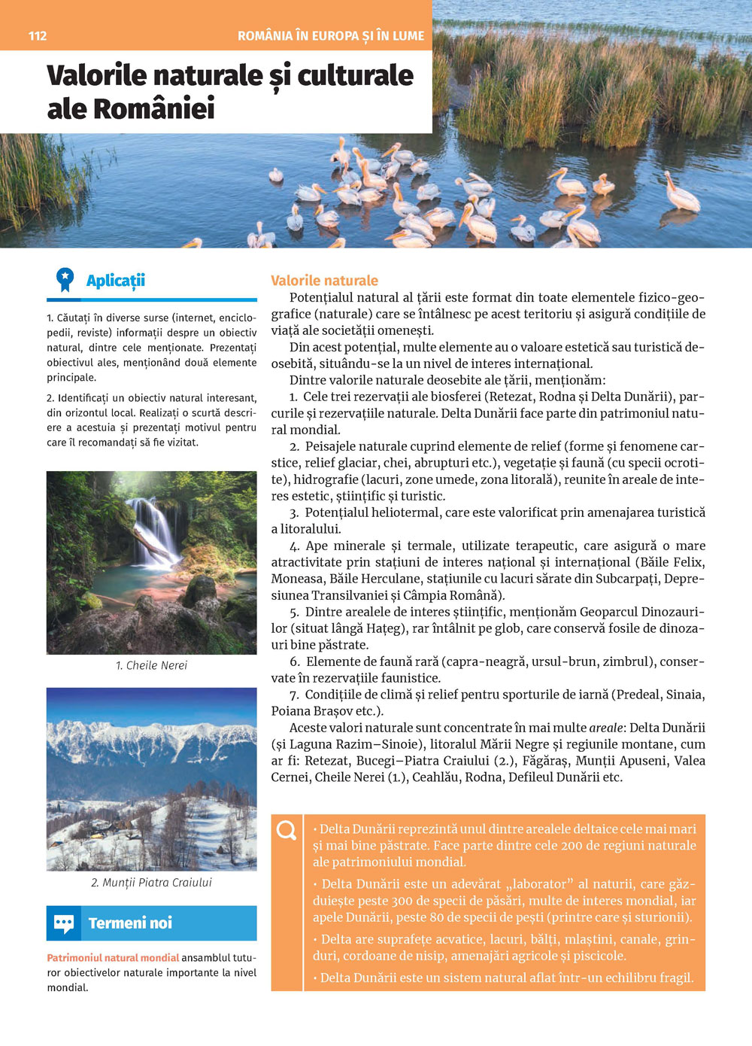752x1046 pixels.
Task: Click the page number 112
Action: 38,35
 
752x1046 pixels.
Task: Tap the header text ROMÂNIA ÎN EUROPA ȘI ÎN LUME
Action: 330,35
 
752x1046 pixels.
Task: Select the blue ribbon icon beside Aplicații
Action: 65,280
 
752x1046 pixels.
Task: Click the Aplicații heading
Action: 115,281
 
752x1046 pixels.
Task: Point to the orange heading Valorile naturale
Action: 324,281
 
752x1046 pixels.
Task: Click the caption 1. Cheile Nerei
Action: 151,665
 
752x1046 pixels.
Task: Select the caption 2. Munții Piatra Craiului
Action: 151,882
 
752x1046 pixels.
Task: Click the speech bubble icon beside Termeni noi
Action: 64,923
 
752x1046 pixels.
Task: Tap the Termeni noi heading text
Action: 130,923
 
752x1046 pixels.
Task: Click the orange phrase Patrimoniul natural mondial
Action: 113,958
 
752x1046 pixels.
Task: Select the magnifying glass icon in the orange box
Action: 287,830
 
